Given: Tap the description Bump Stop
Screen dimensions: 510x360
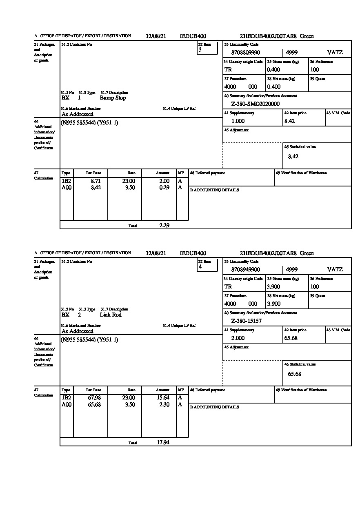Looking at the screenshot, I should click(x=113, y=98).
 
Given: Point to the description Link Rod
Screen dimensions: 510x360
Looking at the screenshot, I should click(x=111, y=315).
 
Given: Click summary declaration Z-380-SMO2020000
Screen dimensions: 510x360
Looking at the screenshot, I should click(x=255, y=104).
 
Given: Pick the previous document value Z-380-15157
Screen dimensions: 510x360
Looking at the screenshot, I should click(x=246, y=321).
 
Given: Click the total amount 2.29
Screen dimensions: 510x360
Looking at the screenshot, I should click(x=164, y=225).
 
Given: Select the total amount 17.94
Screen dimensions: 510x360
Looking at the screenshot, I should click(x=163, y=442).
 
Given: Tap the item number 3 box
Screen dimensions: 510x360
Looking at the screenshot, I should click(x=207, y=48).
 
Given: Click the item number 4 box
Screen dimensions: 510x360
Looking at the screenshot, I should click(x=207, y=265).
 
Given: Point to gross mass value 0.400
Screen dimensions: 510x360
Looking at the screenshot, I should click(x=273, y=70).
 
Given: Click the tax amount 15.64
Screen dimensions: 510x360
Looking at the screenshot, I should click(x=163, y=398).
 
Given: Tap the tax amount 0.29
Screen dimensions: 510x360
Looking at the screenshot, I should click(x=164, y=188).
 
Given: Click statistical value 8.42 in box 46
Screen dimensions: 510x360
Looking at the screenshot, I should click(x=293, y=157).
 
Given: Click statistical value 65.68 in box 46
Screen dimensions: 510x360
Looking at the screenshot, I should click(x=294, y=374).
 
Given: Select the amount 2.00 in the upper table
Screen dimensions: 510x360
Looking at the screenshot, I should click(x=164, y=181).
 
